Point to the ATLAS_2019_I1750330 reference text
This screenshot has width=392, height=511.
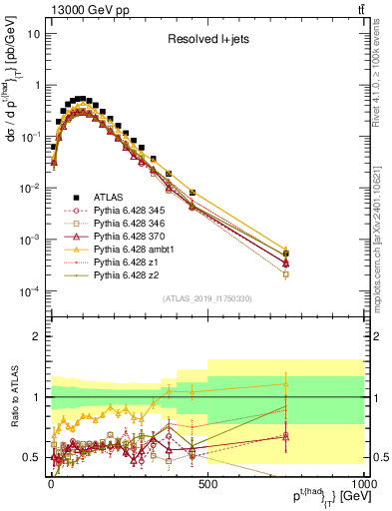(206, 298)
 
